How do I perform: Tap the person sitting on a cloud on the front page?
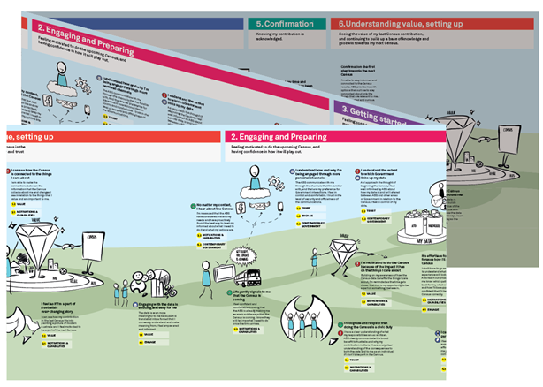point(250,187)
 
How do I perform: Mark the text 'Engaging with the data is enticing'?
point(164,305)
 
